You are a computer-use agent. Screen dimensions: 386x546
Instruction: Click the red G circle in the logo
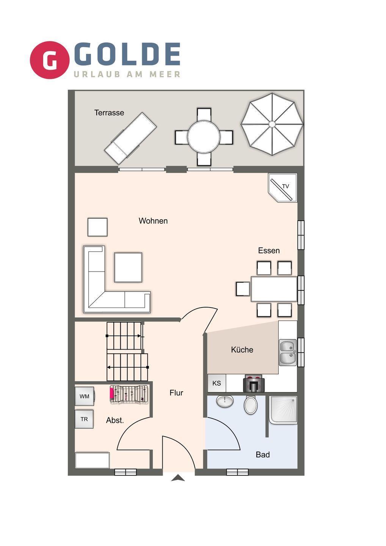[49, 60]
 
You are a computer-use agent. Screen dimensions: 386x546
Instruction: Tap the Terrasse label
[109, 113]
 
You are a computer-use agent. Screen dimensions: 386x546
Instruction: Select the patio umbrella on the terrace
[272, 124]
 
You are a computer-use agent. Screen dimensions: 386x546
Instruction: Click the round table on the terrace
[204, 137]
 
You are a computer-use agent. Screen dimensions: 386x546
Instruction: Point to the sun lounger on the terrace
[130, 138]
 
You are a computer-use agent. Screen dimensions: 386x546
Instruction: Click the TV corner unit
[283, 187]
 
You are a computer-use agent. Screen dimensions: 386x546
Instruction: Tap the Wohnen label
[153, 221]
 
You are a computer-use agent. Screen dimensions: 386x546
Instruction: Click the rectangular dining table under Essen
[274, 289]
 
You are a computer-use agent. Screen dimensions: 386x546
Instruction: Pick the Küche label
[242, 350]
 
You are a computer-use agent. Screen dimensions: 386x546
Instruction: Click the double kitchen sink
[288, 353]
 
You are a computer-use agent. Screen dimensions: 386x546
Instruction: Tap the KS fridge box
[217, 383]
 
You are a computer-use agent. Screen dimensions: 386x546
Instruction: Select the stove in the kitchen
[253, 384]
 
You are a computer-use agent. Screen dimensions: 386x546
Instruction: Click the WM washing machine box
[84, 396]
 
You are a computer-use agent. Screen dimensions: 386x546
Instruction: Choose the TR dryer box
[84, 419]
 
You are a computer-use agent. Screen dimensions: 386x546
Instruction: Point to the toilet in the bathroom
[251, 405]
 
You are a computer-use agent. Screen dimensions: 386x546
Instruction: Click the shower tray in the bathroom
[283, 410]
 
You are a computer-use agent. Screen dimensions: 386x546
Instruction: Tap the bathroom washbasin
[225, 401]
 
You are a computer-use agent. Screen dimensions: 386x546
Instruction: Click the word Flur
[176, 393]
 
